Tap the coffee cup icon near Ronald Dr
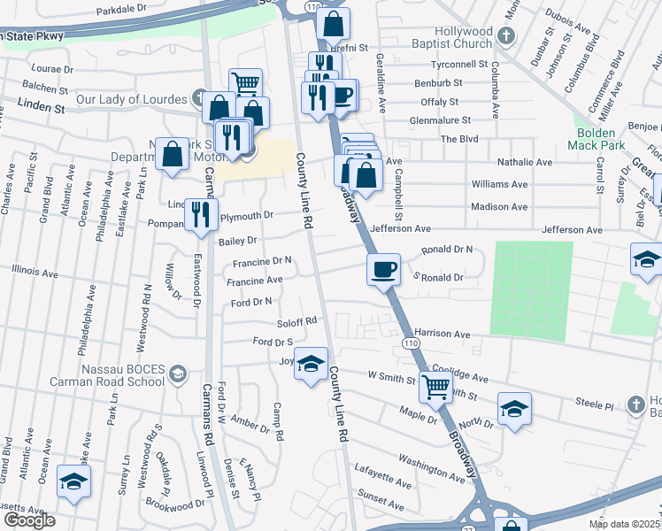tap(383, 269)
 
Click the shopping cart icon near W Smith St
tap(435, 387)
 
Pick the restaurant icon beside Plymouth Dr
tap(201, 213)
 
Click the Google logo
tap(29, 520)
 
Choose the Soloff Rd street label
tap(296, 321)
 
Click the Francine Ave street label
tap(254, 281)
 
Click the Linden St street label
tap(42, 108)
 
